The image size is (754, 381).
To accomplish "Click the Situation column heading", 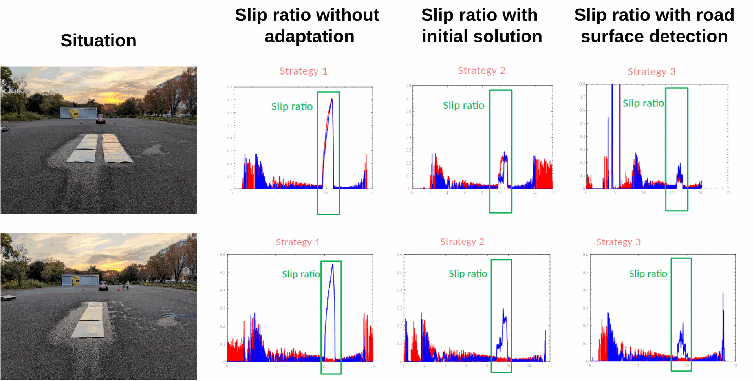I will coord(99,40).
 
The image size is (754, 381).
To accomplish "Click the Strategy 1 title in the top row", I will coord(303,71).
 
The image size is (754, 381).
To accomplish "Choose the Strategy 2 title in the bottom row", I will coord(462,242).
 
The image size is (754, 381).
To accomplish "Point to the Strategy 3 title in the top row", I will coord(651,71).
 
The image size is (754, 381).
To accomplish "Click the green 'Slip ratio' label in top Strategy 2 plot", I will coord(463,105).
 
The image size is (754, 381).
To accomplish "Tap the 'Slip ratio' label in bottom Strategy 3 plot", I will coord(648,273).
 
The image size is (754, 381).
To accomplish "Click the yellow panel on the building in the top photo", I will coord(74,113).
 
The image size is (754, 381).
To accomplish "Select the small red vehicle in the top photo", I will coord(101,119).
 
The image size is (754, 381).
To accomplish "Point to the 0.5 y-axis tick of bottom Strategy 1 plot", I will coord(222,272).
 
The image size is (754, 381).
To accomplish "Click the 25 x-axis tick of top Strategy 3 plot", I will coord(728,192).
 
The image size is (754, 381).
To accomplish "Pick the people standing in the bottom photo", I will coord(126,285).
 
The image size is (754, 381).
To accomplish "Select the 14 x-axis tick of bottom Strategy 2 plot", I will coord(550,365).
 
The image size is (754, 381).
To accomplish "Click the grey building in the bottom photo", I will coord(80,280).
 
